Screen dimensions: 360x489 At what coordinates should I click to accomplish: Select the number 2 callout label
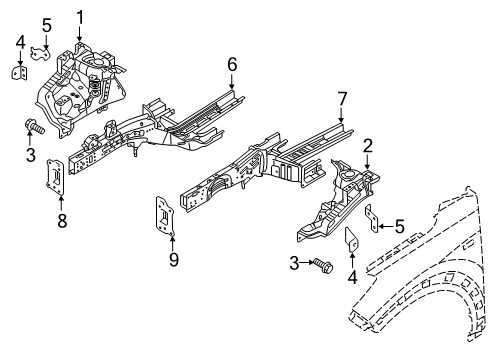pyautogui.click(x=368, y=146)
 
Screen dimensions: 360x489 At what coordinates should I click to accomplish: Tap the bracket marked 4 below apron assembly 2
pyautogui.click(x=352, y=244)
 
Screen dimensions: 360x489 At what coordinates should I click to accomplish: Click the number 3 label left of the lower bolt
pyautogui.click(x=294, y=262)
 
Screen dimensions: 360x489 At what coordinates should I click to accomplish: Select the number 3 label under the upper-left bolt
pyautogui.click(x=30, y=155)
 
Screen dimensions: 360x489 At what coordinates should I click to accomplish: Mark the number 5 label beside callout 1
pyautogui.click(x=46, y=24)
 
